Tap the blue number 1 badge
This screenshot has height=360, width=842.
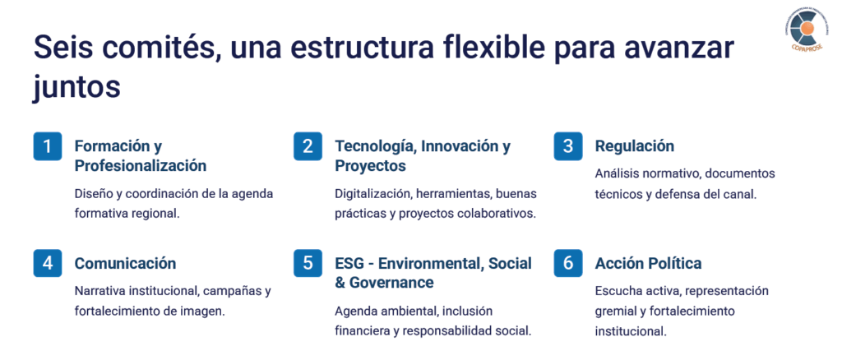point(47,146)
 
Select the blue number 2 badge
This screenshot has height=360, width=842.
point(308,146)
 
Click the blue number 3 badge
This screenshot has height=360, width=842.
point(568,146)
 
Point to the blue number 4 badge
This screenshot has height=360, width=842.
point(47,264)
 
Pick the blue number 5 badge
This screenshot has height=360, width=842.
point(308,264)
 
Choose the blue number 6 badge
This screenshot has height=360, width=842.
point(568,264)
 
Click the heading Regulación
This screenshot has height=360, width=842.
point(634,146)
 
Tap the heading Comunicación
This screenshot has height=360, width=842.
point(125,264)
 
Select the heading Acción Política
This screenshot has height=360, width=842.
point(648,264)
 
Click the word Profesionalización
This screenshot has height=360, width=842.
point(140,166)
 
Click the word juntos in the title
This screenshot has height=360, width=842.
point(76,87)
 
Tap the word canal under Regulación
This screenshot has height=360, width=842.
point(741,194)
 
